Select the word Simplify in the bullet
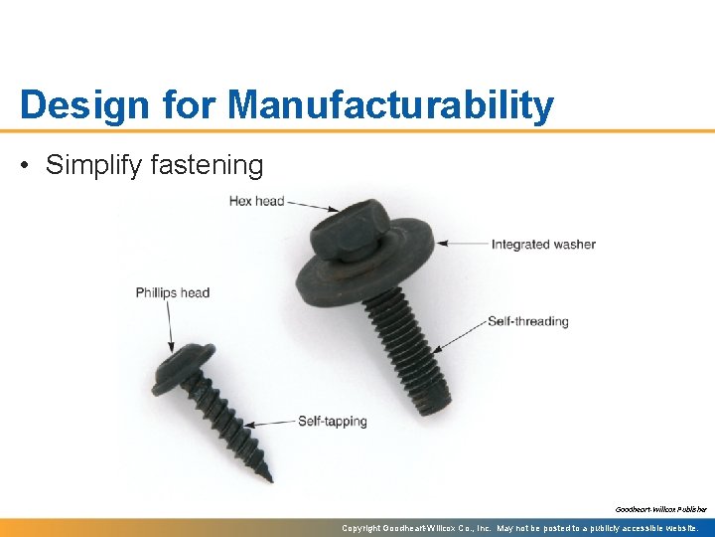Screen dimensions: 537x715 (x=93, y=165)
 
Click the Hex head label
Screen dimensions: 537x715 (x=256, y=201)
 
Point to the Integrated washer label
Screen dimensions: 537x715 (x=543, y=244)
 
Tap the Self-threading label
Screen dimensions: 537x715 (x=527, y=321)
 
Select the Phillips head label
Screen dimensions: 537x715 (x=173, y=292)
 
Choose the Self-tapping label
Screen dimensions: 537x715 (x=332, y=421)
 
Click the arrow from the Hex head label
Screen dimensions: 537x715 (x=313, y=205)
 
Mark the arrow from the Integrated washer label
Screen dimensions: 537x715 (x=463, y=243)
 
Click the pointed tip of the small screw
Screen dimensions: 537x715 (x=268, y=476)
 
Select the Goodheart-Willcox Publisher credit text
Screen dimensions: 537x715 (x=660, y=509)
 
